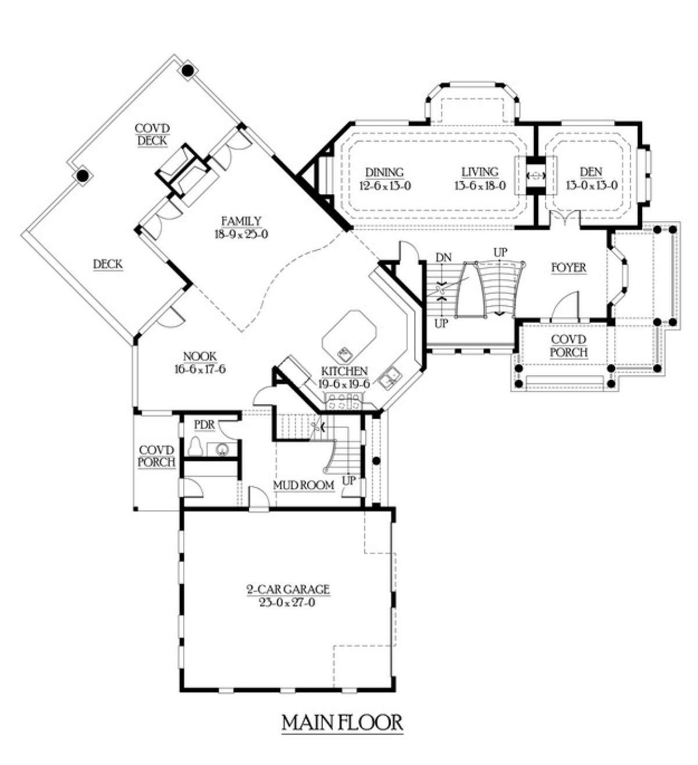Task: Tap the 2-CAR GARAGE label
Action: [287, 589]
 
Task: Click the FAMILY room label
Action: [241, 221]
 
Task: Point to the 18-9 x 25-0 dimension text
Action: [241, 234]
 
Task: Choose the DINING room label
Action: [384, 172]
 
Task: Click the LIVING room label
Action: [480, 172]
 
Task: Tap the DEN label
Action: [591, 172]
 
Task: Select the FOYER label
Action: [569, 268]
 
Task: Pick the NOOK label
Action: [200, 357]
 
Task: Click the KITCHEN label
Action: [344, 371]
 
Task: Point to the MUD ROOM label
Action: [304, 485]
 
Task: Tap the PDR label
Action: [204, 425]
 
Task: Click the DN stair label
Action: [444, 257]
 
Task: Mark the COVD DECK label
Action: [152, 134]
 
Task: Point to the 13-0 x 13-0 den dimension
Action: [592, 186]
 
